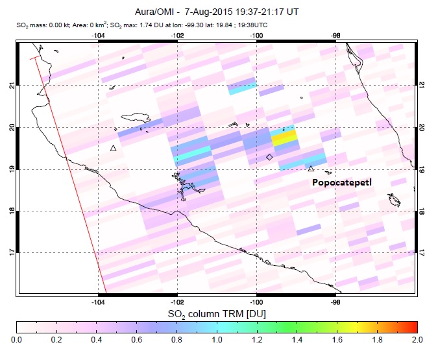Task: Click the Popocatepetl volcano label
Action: point(343,183)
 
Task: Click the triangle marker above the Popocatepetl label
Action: point(311,169)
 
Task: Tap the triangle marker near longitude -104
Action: point(113,149)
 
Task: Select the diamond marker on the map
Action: point(269,157)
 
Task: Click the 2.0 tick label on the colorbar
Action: point(417,339)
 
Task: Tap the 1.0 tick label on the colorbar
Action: point(217,339)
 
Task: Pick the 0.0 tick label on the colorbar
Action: point(17,339)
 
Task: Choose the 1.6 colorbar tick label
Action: point(337,339)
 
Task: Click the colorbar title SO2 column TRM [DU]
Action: point(217,315)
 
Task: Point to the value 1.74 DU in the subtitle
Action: point(158,25)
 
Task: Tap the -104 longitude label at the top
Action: point(99,35)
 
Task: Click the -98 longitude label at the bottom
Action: point(335,302)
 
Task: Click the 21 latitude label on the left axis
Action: point(11,85)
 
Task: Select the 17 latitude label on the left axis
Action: point(11,252)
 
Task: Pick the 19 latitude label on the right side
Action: point(422,169)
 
